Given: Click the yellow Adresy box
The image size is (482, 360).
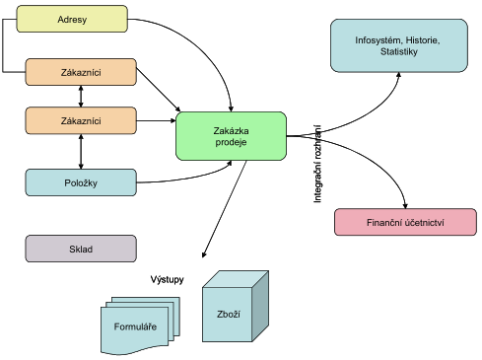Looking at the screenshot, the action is pyautogui.click(x=72, y=19).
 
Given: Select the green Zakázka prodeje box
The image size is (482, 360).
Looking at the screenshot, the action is pyautogui.click(x=231, y=136).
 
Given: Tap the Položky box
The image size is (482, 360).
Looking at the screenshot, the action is pyautogui.click(x=81, y=182).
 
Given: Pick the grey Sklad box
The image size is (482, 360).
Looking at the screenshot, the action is pyautogui.click(x=81, y=249).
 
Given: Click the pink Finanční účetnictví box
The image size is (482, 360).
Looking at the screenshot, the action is pyautogui.click(x=405, y=222).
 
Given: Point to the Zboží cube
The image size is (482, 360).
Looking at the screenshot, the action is pyautogui.click(x=236, y=307).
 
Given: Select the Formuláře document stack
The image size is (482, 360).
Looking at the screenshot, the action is pyautogui.click(x=140, y=325).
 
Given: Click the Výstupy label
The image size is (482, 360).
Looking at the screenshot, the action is pyautogui.click(x=167, y=279).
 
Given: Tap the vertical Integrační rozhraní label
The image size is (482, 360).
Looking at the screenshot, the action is pyautogui.click(x=317, y=164).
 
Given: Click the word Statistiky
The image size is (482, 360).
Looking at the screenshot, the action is pyautogui.click(x=399, y=51).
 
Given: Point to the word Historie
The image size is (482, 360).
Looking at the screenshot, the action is pyautogui.click(x=423, y=40).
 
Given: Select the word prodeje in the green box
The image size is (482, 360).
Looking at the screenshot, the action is pyautogui.click(x=231, y=142).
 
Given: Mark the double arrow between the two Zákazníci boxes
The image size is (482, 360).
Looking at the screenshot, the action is pyautogui.click(x=81, y=97).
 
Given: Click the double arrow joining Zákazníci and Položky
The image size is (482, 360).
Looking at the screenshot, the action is pyautogui.click(x=81, y=152).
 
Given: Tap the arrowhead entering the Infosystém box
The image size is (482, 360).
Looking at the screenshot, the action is pyautogui.click(x=398, y=75).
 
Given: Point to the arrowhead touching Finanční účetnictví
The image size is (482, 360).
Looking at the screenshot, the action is pyautogui.click(x=405, y=206).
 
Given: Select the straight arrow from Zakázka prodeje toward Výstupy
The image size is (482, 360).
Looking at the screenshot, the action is pyautogui.click(x=225, y=209).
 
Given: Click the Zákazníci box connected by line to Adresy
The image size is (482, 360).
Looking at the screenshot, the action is pyautogui.click(x=81, y=72).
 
